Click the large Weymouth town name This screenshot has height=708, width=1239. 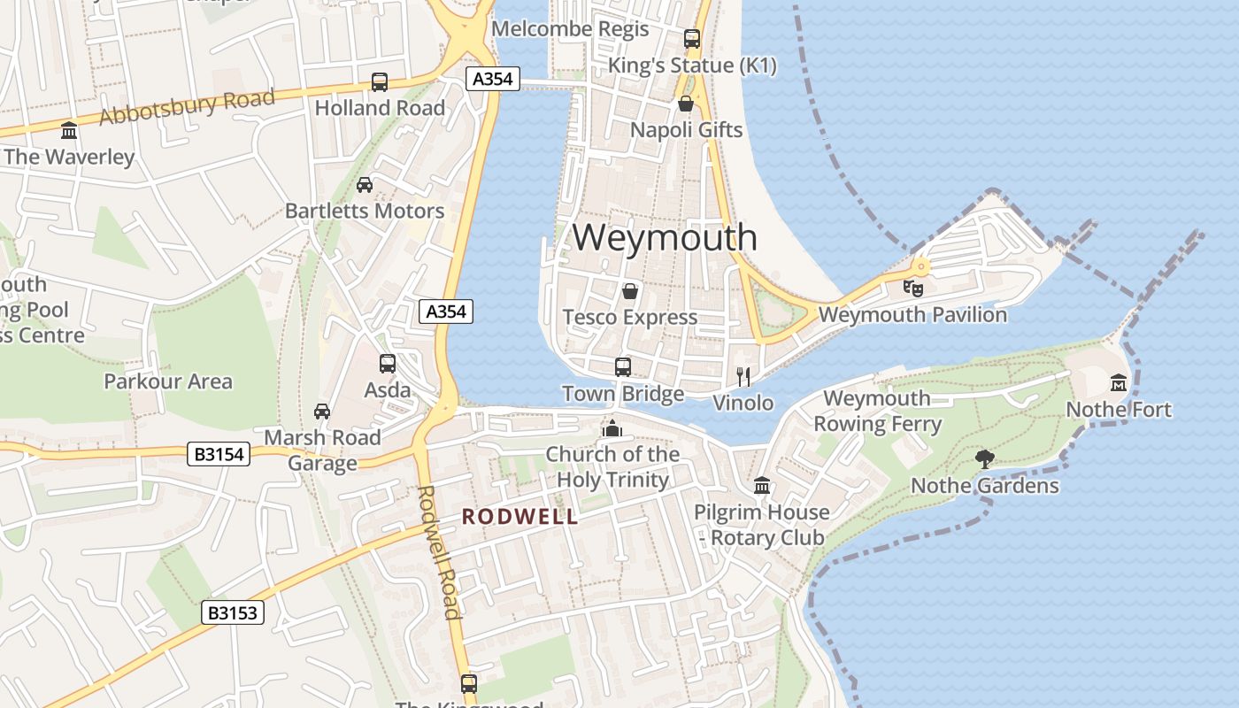[x=665, y=237]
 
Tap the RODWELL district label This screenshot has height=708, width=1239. [x=520, y=517]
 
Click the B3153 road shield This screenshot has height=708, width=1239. [x=233, y=612]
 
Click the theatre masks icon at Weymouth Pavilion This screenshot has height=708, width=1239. [x=912, y=287]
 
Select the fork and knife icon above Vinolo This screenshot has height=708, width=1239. [x=743, y=377]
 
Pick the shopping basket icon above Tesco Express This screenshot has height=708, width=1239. [x=630, y=290]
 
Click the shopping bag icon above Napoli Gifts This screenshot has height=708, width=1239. [x=686, y=104]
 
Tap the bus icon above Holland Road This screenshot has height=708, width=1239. [x=380, y=82]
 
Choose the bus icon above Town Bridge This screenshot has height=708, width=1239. [x=623, y=366]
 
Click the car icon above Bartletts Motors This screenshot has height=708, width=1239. [x=364, y=185]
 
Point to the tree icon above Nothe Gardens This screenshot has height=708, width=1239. [x=984, y=458]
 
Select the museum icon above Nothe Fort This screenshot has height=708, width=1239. [x=1119, y=383]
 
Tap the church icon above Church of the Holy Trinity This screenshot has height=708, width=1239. [x=612, y=428]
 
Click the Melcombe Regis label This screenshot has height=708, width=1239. [x=570, y=28]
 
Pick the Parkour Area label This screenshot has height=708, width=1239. [x=168, y=381]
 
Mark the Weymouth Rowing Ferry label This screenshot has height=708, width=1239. [x=877, y=411]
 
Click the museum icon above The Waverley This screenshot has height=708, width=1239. [x=69, y=131]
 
